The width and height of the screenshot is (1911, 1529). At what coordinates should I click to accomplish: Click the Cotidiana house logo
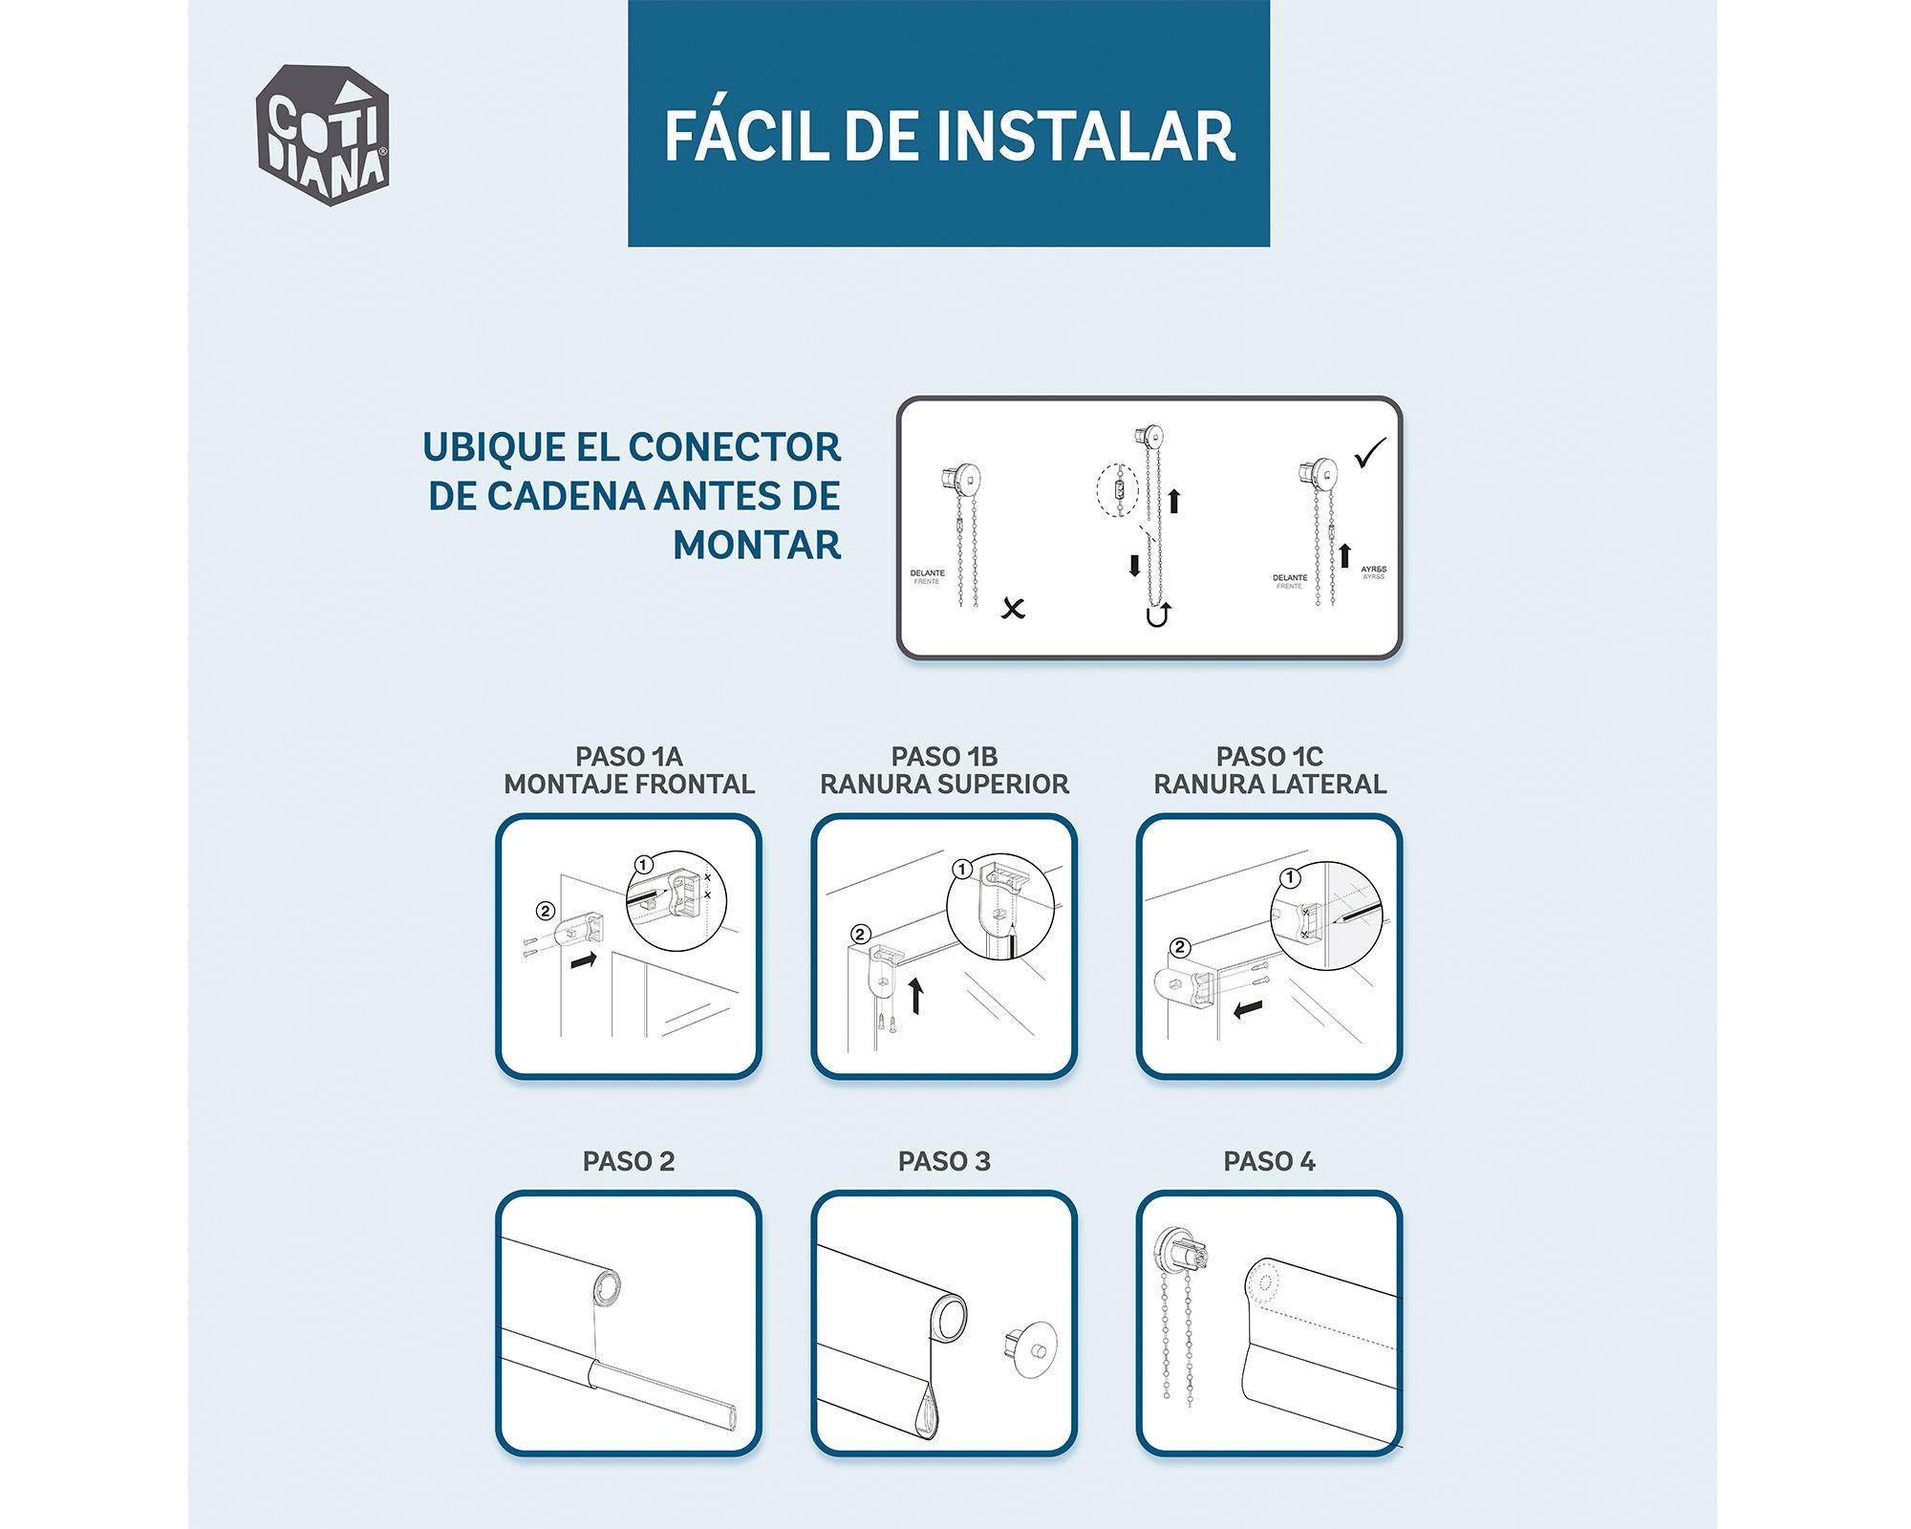pos(323,137)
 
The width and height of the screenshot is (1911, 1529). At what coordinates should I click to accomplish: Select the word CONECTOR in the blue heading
pos(734,447)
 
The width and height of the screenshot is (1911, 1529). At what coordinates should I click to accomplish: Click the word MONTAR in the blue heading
pos(757,545)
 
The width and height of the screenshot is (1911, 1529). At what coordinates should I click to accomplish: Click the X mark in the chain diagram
pos(1013,607)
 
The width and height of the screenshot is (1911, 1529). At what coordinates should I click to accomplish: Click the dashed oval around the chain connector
pos(1118,491)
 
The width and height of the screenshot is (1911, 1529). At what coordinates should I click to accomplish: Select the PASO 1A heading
pos(629,757)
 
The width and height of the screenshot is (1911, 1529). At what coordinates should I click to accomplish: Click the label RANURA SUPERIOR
pos(944,785)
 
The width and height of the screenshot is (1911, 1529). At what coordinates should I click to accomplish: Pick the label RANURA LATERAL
pos(1270,785)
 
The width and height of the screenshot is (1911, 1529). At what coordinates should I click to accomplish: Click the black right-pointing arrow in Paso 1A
pos(584,959)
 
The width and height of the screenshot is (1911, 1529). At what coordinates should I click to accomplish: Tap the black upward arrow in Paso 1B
pos(916,995)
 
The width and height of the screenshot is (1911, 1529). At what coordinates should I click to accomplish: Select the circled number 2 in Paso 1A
pos(546,910)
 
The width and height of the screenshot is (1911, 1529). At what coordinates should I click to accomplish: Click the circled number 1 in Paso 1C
pos(1290,877)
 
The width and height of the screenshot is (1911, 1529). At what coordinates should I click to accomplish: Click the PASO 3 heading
pos(944,1162)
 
